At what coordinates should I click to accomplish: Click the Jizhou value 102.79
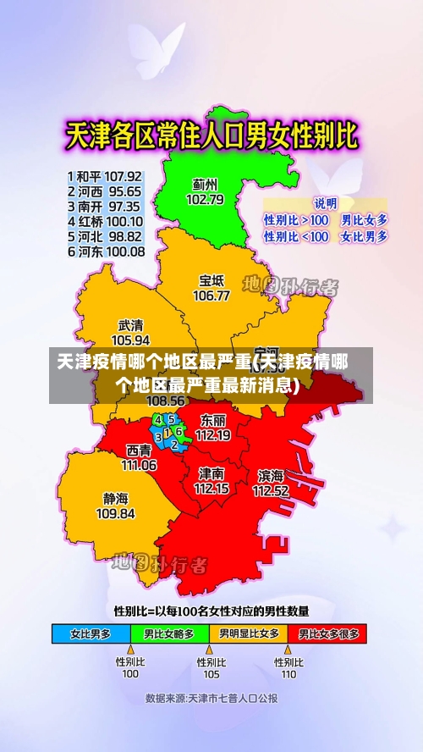pyautogui.click(x=205, y=200)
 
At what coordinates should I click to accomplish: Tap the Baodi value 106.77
pyautogui.click(x=211, y=296)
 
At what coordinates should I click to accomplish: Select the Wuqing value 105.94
pyautogui.click(x=130, y=339)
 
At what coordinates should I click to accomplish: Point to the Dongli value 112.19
pyautogui.click(x=212, y=435)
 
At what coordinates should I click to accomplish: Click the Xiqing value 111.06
pyautogui.click(x=139, y=465)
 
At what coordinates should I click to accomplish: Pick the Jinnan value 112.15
pyautogui.click(x=211, y=488)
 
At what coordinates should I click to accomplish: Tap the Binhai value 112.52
pyautogui.click(x=271, y=490)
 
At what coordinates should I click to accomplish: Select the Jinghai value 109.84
pyautogui.click(x=115, y=513)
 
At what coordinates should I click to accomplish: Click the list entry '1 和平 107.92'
pyautogui.click(x=105, y=176)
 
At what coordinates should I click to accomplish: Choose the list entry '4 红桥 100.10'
pyautogui.click(x=105, y=221)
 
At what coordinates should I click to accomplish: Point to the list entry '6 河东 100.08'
pyautogui.click(x=105, y=252)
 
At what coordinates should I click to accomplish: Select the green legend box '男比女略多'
pyautogui.click(x=169, y=633)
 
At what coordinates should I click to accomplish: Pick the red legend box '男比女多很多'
pyautogui.click(x=328, y=633)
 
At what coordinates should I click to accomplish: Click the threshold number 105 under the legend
pyautogui.click(x=211, y=674)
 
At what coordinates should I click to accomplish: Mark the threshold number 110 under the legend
pyautogui.click(x=288, y=674)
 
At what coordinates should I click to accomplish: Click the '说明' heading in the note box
pyautogui.click(x=326, y=204)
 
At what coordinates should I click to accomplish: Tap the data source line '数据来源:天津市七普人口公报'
pyautogui.click(x=211, y=699)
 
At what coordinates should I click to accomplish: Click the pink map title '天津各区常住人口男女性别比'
pyautogui.click(x=211, y=136)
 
